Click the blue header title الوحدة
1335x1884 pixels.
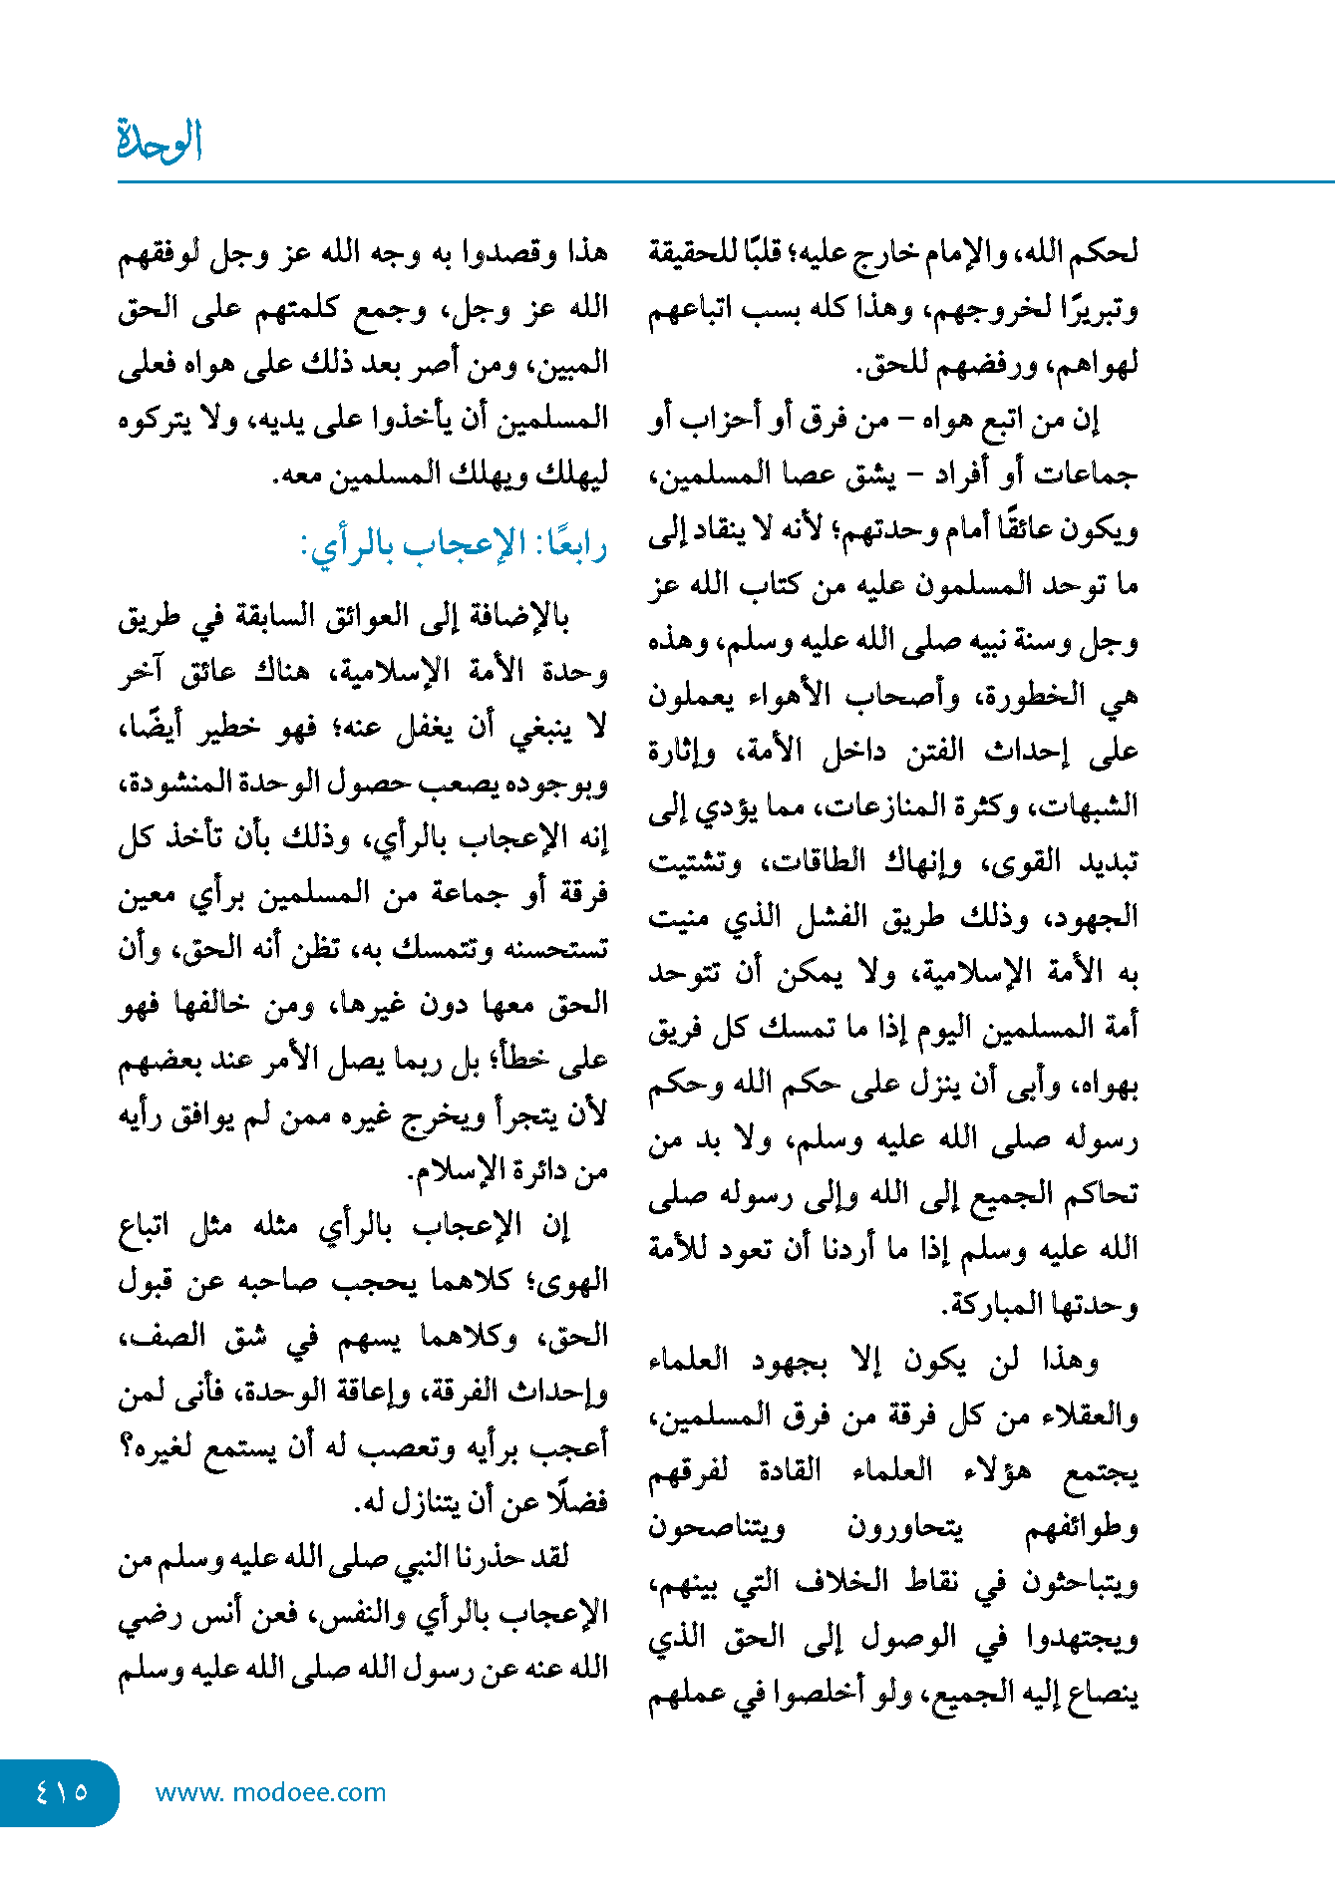160,141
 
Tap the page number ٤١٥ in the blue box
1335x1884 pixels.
62,1791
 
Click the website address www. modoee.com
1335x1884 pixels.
270,1792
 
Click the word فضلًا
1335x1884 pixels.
578,1501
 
